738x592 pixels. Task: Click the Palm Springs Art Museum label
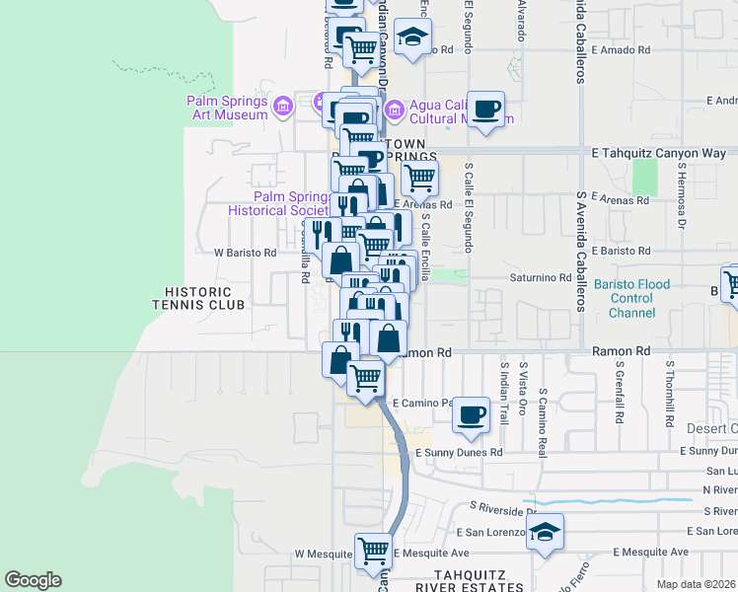[227, 108]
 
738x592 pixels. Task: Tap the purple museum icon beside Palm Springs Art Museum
[282, 104]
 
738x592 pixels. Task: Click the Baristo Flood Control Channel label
[631, 298]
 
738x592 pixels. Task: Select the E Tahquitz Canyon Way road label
[658, 154]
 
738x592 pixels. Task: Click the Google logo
[33, 580]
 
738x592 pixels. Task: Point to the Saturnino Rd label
[540, 278]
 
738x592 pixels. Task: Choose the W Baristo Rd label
[246, 253]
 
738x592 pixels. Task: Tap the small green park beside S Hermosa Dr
[644, 178]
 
